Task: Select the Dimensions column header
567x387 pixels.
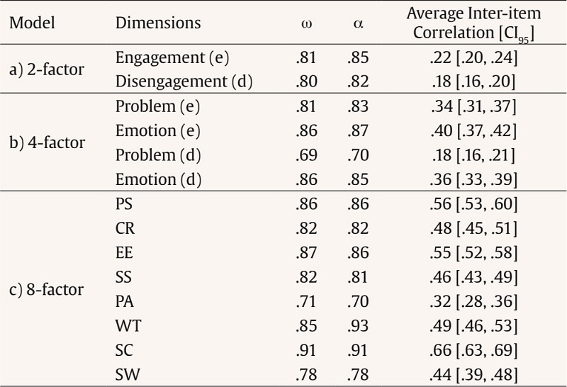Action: [x=157, y=23]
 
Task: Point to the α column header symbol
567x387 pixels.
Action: [x=358, y=23]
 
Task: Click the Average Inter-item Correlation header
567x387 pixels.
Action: [x=471, y=22]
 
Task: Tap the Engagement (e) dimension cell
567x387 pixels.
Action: [x=171, y=58]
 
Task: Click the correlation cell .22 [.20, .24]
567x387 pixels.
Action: [x=471, y=58]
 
